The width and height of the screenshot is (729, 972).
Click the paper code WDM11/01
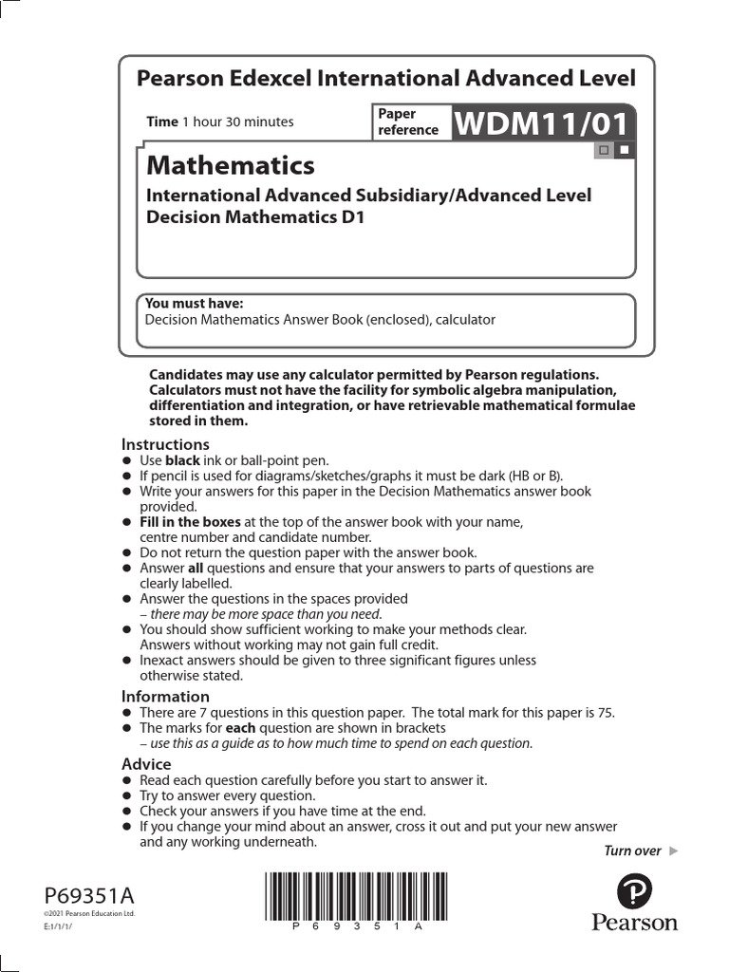(x=543, y=122)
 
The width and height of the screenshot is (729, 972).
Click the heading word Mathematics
(x=230, y=165)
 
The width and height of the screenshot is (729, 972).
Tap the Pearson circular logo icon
(x=634, y=893)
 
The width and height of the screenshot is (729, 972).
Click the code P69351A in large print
(x=89, y=895)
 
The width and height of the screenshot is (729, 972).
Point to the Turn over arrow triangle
(x=674, y=850)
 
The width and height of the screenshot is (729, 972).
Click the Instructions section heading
(x=165, y=444)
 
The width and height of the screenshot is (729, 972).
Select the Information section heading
(x=164, y=696)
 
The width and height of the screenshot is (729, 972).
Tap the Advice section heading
(x=146, y=764)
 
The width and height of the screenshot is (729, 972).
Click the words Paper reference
(x=408, y=121)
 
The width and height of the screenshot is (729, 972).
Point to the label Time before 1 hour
(x=162, y=121)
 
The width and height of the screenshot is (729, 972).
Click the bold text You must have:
(x=194, y=304)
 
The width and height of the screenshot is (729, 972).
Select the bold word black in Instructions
(x=183, y=460)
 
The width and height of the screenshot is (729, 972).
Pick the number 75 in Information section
(x=620, y=712)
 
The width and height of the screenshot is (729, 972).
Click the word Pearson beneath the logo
(x=635, y=923)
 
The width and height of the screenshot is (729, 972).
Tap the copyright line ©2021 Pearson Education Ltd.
(x=89, y=913)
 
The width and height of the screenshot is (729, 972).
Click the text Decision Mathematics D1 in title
(x=254, y=216)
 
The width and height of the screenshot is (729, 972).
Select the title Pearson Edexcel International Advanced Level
(x=386, y=79)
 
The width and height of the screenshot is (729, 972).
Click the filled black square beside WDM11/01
(x=623, y=150)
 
